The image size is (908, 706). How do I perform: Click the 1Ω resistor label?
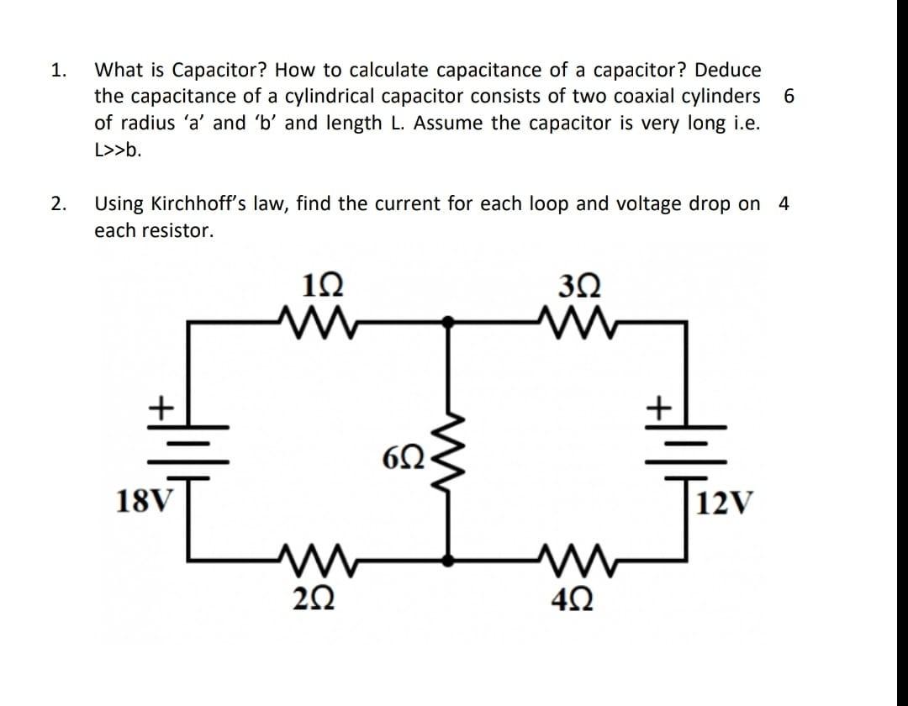pyautogui.click(x=319, y=286)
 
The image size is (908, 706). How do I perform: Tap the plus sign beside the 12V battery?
pyautogui.click(x=660, y=408)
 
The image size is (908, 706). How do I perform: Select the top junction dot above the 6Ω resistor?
pyautogui.click(x=450, y=320)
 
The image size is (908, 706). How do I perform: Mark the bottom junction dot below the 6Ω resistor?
pyautogui.click(x=450, y=558)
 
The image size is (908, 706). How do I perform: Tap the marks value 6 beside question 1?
pyautogui.click(x=788, y=96)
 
